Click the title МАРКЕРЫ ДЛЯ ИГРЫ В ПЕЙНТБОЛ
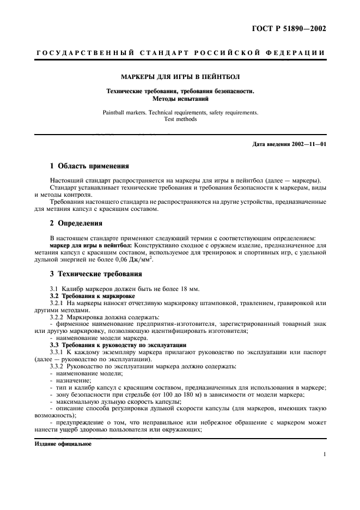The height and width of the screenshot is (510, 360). pos(180,77)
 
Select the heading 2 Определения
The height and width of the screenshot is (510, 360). pos(77,222)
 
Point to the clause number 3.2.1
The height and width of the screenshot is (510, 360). pos(57,302)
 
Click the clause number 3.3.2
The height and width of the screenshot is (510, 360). pos(57,366)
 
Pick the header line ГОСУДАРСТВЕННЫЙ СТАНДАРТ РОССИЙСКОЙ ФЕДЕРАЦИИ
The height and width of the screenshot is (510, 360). pos(180,52)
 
